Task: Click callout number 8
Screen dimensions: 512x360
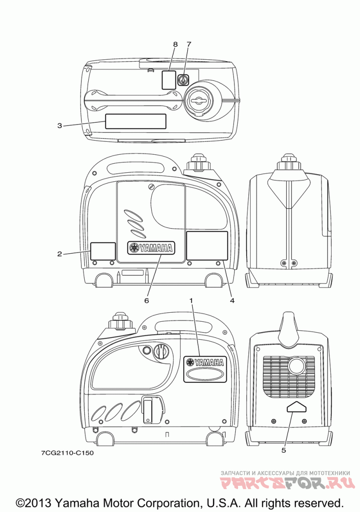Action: (175, 44)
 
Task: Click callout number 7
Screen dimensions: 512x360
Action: (189, 44)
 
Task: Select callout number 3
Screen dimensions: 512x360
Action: (59, 126)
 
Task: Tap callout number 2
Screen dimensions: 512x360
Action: (59, 254)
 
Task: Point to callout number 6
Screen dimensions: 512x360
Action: (146, 300)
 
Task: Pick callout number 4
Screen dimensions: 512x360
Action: (232, 300)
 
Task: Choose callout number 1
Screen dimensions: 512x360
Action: (191, 300)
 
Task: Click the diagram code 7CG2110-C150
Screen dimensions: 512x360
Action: (67, 453)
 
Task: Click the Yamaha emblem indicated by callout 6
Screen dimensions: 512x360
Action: (151, 247)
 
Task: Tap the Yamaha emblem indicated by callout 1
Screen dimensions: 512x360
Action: (205, 362)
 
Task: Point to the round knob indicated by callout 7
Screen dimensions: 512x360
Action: (183, 80)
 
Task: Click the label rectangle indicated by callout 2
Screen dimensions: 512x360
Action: (103, 251)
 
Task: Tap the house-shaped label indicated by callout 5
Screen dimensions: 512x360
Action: (296, 407)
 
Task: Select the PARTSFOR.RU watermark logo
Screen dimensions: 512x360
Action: (285, 483)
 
